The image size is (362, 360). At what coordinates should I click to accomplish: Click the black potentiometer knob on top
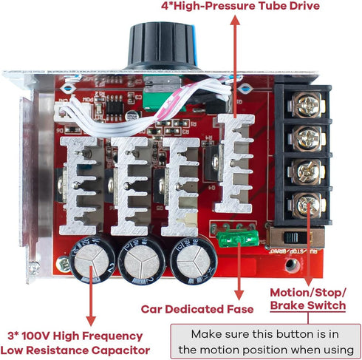pos(159,47)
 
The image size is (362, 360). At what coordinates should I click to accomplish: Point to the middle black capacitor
pos(140,262)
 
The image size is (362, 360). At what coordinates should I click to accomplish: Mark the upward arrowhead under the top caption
pos(235,21)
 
